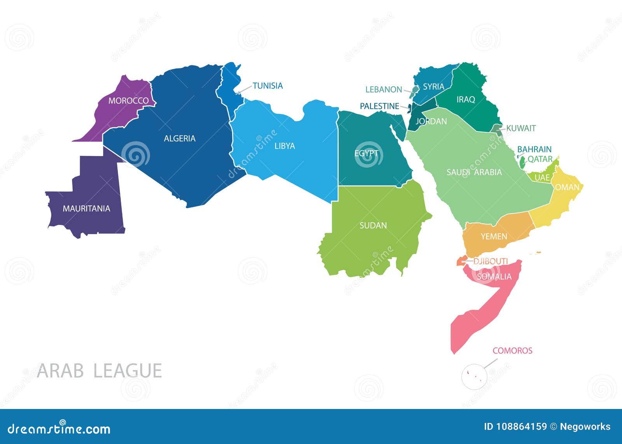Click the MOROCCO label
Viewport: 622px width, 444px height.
click(128, 101)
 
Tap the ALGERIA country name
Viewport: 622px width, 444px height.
click(180, 139)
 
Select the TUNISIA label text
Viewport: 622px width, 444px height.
click(267, 86)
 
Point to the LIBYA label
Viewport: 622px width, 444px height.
click(285, 146)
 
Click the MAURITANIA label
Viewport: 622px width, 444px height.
click(86, 209)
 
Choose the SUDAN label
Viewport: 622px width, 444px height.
click(373, 226)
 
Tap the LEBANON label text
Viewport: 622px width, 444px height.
click(383, 90)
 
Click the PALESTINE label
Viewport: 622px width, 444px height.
click(379, 106)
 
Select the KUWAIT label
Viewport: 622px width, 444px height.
click(521, 128)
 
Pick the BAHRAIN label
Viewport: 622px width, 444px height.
click(534, 149)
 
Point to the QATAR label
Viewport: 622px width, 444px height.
click(540, 159)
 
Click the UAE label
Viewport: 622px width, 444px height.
click(542, 178)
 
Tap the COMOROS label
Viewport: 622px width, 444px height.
click(512, 351)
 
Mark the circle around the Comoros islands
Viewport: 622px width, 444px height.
click(474, 376)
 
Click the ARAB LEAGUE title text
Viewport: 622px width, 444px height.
click(99, 371)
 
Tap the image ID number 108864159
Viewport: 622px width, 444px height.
click(521, 427)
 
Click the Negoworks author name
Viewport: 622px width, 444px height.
click(585, 427)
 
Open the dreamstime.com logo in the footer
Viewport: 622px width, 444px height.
click(59, 428)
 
